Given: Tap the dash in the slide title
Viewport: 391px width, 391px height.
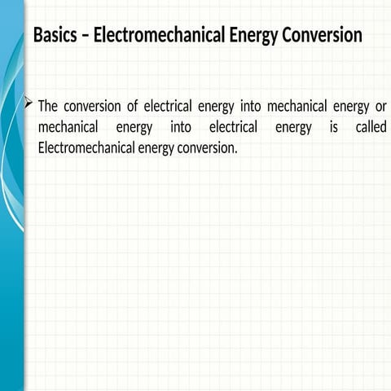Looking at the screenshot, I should pyautogui.click(x=87, y=37).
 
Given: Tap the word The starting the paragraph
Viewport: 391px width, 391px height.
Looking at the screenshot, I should pyautogui.click(x=48, y=107).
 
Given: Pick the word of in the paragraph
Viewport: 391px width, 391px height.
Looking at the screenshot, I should pyautogui.click(x=134, y=107).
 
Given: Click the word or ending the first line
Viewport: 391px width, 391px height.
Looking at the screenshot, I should pyautogui.click(x=380, y=107).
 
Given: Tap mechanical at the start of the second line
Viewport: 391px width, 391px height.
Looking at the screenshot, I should pyautogui.click(x=68, y=128).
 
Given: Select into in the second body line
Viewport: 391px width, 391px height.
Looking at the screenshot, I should pyautogui.click(x=181, y=128).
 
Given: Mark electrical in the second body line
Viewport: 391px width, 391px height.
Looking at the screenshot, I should pyautogui.click(x=234, y=128).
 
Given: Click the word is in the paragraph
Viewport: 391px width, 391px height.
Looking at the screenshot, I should pyautogui.click(x=333, y=128).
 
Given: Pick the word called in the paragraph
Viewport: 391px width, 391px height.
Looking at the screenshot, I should pyautogui.click(x=371, y=128).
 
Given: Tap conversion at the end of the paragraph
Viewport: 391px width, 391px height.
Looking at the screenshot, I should pyautogui.click(x=207, y=149).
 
